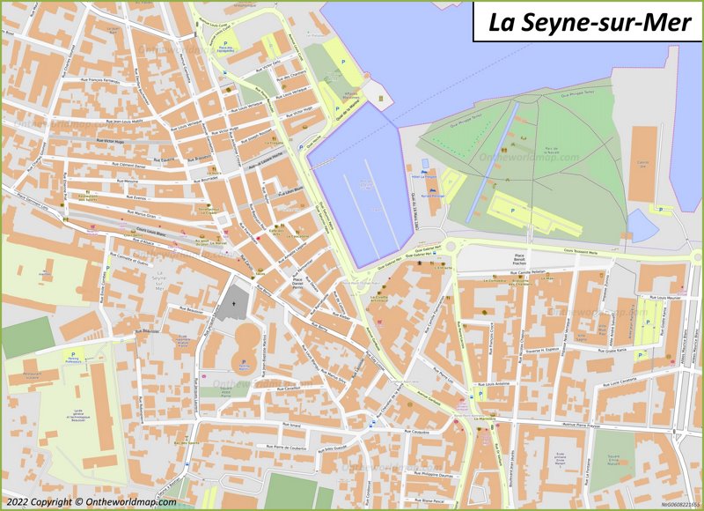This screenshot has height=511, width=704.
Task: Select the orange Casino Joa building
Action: [x=644, y=162]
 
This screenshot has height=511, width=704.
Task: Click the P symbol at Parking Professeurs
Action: [x=72, y=354]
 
